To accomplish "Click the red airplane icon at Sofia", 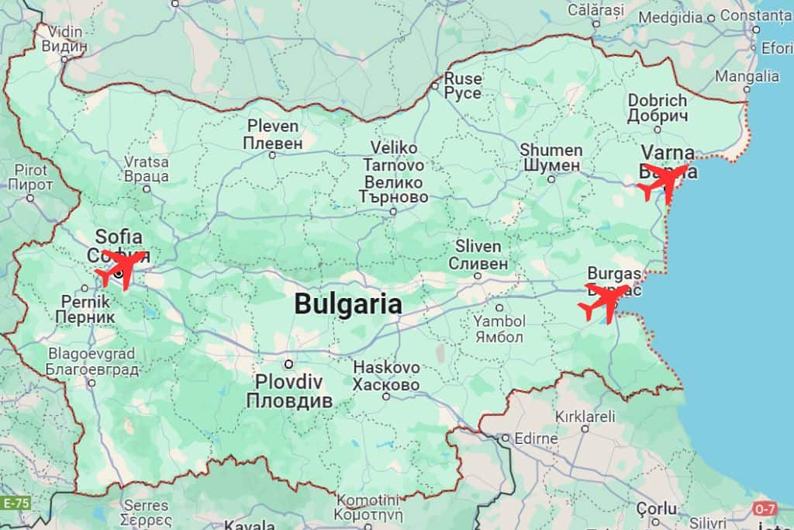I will (123, 268).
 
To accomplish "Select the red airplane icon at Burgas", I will (606, 303).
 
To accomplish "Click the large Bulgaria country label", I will (348, 304).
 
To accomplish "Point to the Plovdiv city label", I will (289, 392).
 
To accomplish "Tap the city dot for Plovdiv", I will (288, 364).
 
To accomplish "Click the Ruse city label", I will (462, 86).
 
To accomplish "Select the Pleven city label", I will (272, 134).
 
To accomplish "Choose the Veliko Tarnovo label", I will (394, 172).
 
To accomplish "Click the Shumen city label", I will (551, 158).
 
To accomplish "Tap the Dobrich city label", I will (658, 108).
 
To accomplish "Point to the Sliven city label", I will (478, 255).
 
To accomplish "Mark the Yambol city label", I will (499, 329).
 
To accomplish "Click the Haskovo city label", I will (386, 376).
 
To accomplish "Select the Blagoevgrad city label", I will (91, 362).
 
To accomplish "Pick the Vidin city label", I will (64, 39).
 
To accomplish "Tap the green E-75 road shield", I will (16, 503).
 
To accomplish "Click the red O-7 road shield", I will (764, 509).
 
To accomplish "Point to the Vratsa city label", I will (147, 169).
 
